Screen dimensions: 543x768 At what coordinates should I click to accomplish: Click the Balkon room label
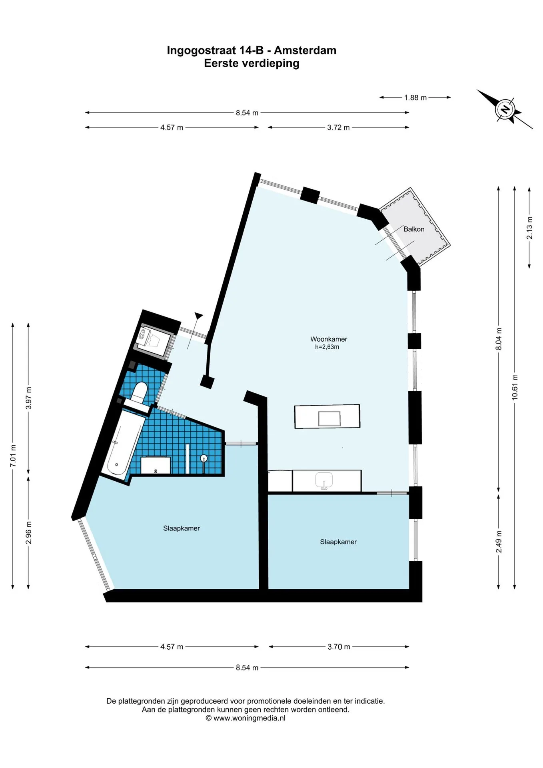[414, 229]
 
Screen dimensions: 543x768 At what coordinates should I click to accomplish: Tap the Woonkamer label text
[329, 339]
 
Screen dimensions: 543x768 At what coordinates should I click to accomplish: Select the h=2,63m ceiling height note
[327, 347]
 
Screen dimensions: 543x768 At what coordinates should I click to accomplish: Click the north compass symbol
[505, 109]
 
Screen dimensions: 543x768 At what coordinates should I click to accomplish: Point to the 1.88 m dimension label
[415, 98]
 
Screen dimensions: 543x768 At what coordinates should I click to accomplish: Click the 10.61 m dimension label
[515, 387]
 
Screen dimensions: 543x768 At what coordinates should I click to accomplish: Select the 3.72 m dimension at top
[338, 128]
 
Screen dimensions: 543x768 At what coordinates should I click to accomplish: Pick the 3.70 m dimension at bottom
[339, 647]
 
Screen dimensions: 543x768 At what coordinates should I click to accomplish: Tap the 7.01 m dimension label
[13, 456]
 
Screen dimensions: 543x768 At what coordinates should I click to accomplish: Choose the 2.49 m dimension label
[499, 542]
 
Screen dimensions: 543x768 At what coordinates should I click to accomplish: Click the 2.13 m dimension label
[529, 228]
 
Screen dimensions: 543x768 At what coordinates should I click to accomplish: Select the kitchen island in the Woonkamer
[327, 416]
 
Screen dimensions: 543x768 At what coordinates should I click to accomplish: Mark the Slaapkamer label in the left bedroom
[182, 528]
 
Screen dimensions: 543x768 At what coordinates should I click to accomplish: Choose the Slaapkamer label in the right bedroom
[338, 542]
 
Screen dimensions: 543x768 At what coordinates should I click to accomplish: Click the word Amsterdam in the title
[305, 50]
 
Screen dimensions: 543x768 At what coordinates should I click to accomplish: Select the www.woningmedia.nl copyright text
[246, 718]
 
